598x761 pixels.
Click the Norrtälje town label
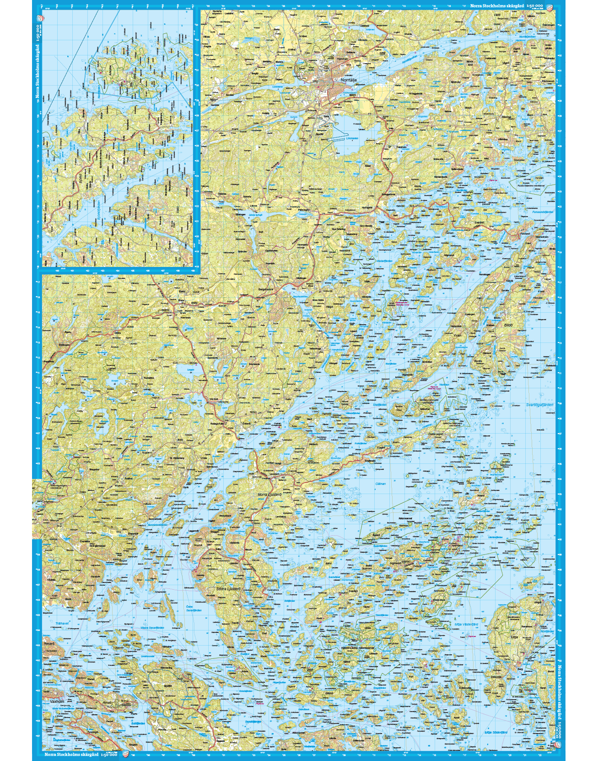[x=349, y=80]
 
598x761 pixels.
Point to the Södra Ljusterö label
[x=227, y=588]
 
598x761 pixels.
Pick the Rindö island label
[x=107, y=702]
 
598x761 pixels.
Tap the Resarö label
[x=48, y=643]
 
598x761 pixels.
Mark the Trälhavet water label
[x=62, y=623]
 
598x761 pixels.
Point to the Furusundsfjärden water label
[x=541, y=212]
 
